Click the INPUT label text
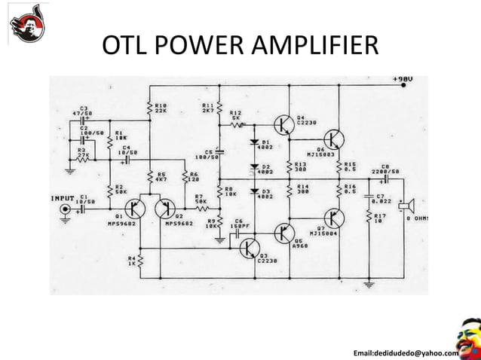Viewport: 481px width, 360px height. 61,199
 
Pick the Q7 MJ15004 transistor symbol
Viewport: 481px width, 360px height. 334,218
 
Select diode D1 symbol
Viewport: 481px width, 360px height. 253,142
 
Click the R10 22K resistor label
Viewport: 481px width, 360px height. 161,108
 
